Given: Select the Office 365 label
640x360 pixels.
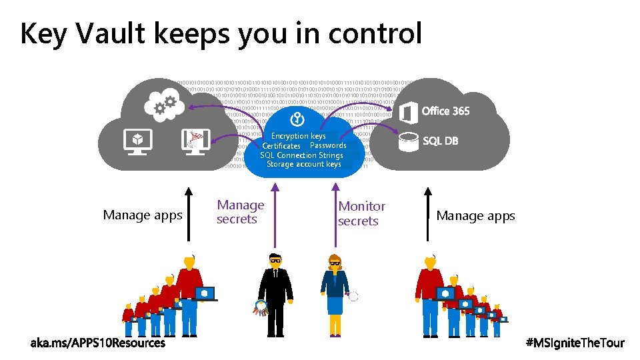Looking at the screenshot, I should pos(445,111).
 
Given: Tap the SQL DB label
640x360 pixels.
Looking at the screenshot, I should pos(441,141).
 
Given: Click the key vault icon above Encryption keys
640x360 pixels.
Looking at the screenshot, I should pos(297,119).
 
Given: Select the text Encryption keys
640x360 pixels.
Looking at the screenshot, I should pos(298,136).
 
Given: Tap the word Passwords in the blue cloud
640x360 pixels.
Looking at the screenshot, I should pos(328,145).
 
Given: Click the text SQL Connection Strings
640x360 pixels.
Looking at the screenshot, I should pos(301,155).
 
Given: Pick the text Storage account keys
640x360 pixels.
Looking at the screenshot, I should pos(303,164).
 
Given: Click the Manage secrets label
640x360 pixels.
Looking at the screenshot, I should pos(240,212).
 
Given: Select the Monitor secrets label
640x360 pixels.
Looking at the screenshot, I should pos(361,214).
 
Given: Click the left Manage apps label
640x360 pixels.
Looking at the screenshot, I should pos(143,215).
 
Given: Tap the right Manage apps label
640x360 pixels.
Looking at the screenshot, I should pos(475,216).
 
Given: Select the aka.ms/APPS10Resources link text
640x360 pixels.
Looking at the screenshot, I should pos(98,343).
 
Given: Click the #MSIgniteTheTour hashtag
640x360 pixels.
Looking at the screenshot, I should pos(575,343).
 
